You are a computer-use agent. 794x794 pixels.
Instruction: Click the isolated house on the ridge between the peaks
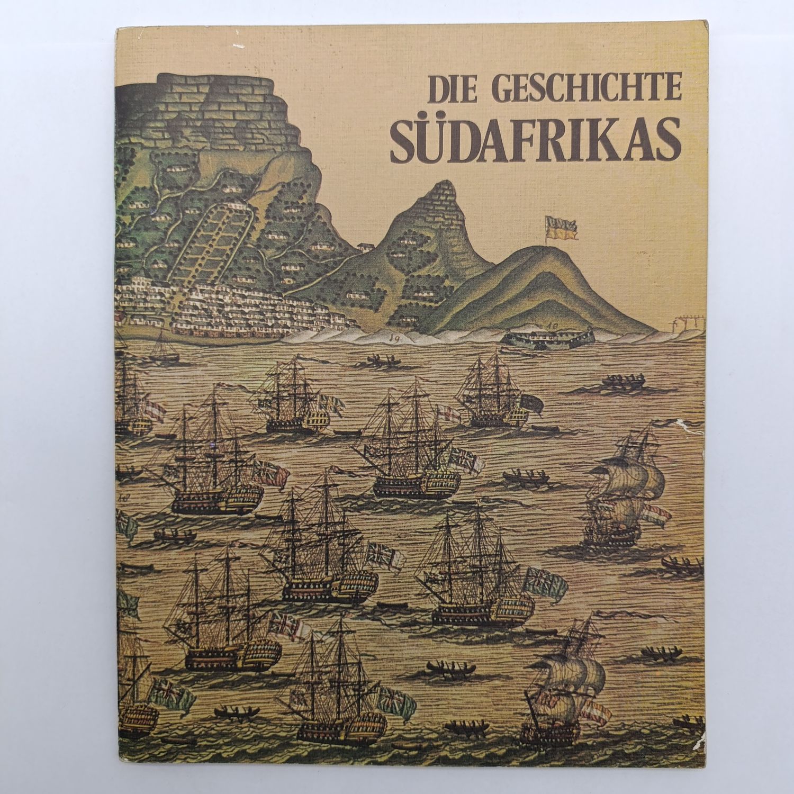click(364, 246)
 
